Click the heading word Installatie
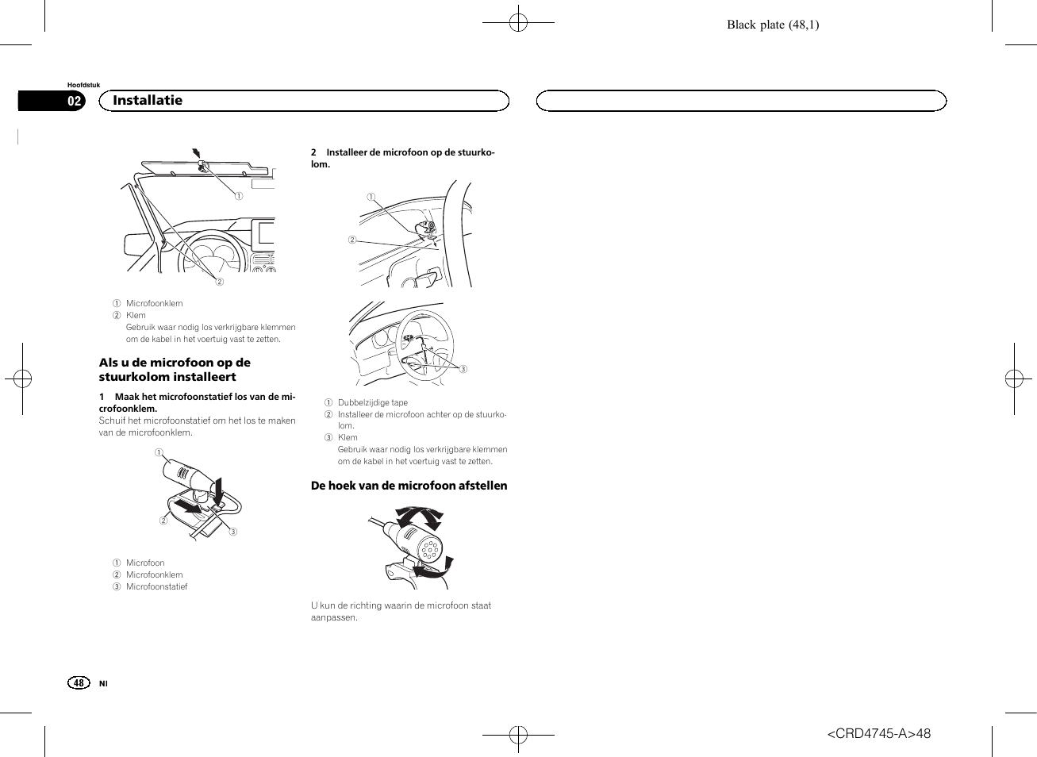[x=148, y=101]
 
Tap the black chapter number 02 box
[x=74, y=101]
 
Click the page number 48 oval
[x=79, y=682]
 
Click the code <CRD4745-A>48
[x=878, y=733]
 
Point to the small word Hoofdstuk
[x=83, y=85]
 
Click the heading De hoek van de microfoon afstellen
[x=409, y=486]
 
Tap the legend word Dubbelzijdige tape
[x=372, y=402]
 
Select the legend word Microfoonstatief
[x=156, y=586]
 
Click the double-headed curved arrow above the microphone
[x=420, y=519]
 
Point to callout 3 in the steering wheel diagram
[x=463, y=369]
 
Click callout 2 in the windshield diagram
[x=220, y=282]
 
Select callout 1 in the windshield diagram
[x=238, y=196]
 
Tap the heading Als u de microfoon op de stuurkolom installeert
[x=175, y=370]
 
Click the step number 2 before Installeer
[x=313, y=152]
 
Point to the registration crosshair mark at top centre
[x=518, y=23]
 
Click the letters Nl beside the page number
[x=103, y=683]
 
